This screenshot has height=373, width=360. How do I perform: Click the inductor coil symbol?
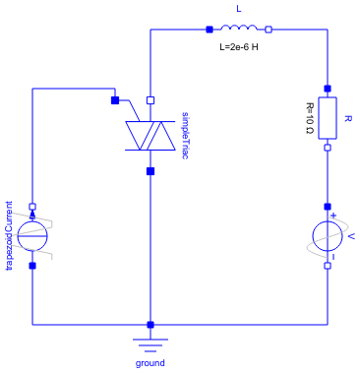238,30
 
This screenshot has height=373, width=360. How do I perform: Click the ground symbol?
150,342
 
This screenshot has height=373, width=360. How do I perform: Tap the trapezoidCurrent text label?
11,235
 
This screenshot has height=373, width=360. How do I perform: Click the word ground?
150,362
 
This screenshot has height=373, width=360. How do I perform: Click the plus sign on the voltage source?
334,216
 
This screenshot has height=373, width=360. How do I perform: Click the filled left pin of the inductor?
209,30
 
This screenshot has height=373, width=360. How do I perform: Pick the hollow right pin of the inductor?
269,30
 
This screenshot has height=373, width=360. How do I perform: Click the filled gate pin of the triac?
115,99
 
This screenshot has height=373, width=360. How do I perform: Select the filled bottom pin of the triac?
150,170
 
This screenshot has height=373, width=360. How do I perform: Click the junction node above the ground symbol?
150,324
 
